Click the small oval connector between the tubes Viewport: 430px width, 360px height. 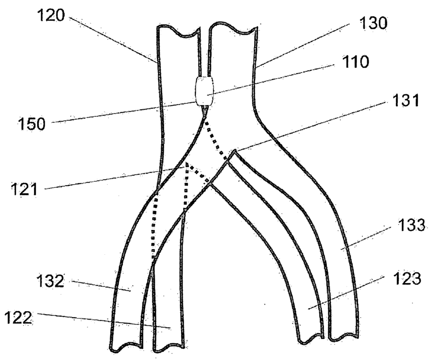[204, 91]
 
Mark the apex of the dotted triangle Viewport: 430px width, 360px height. [186, 164]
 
